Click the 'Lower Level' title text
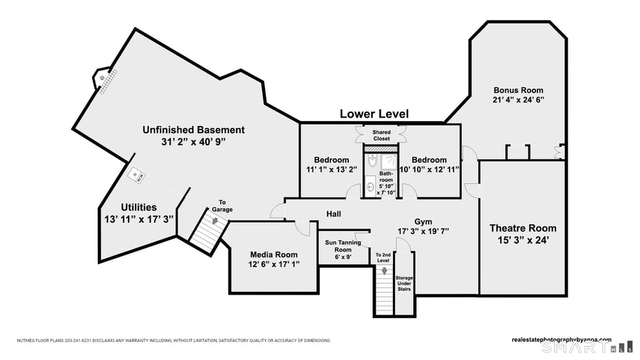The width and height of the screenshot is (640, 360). coord(374,114)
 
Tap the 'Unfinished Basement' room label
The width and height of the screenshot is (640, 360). coord(193,129)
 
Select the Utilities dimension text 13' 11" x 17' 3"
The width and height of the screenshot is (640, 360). coord(138,219)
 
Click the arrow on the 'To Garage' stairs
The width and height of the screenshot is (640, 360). coord(215,222)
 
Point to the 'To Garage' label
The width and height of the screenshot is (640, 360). coord(222,205)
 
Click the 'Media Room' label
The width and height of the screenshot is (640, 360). coord(273,255)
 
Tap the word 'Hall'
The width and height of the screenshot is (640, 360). coord(334,214)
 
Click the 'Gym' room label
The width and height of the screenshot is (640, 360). coord(423,222)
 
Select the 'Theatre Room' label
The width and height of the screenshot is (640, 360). coord(522,229)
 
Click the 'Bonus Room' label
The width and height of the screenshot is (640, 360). coord(518,90)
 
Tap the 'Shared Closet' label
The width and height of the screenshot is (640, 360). coord(381,135)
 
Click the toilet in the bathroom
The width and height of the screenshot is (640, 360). coord(372,161)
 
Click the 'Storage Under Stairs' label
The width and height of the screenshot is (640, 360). coord(404,283)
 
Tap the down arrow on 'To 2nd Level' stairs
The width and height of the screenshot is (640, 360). coord(384,271)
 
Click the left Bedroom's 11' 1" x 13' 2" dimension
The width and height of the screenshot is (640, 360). coord(331,169)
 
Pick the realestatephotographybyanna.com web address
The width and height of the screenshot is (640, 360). coord(562,339)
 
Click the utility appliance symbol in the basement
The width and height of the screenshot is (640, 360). coord(138,175)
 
